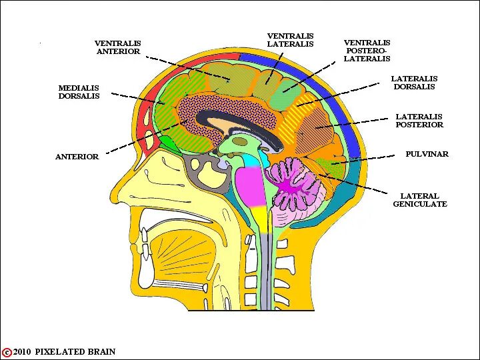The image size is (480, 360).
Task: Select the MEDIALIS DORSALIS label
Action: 79,92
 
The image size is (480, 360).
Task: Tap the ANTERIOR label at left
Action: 77,157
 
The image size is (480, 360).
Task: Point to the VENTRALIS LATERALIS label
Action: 290,40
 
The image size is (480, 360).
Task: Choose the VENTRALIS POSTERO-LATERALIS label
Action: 367,51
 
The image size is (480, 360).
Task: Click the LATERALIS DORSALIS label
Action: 413,83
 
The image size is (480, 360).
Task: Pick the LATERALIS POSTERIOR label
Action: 419,121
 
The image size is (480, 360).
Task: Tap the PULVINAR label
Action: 427,154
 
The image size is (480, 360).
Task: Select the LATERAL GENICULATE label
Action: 419,200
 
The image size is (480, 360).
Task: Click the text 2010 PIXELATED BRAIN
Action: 64,352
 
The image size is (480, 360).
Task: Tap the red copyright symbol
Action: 7,352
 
